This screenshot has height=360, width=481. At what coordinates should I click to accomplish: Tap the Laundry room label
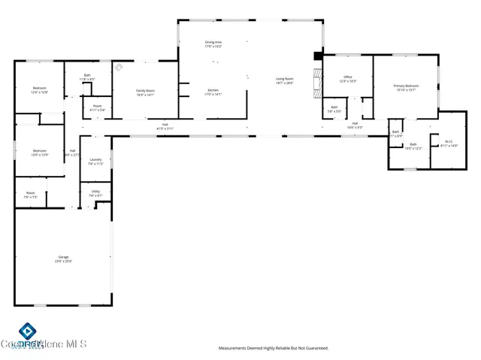point(95,161)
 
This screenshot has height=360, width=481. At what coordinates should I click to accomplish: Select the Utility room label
point(95,193)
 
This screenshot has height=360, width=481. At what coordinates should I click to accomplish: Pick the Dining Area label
point(213,44)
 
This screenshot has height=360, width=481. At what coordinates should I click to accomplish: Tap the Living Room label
point(284,80)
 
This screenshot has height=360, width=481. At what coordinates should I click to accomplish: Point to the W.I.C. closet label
point(449,144)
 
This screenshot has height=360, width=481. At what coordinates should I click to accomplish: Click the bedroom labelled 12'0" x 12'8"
point(40,90)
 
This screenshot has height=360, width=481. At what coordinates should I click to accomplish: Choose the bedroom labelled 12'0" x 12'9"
point(40,153)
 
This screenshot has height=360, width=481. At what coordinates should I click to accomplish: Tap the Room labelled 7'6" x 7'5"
point(31,195)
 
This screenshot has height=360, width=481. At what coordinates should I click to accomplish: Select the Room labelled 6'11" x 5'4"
point(98,107)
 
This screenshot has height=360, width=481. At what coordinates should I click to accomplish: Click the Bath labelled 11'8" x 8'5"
point(87,76)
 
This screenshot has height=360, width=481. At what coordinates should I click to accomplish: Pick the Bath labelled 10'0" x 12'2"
point(413,146)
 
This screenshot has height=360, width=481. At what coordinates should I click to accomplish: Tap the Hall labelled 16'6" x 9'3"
point(355,126)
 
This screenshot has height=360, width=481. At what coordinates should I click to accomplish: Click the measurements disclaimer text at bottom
point(274,348)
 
